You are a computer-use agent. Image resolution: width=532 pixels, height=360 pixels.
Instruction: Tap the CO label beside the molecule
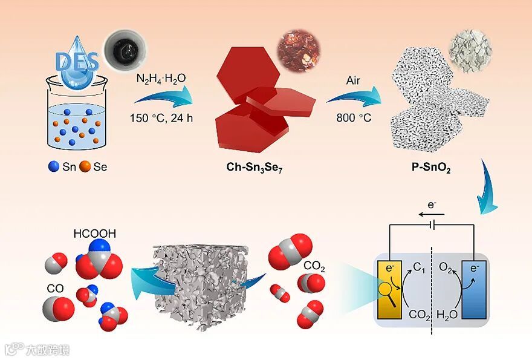56,290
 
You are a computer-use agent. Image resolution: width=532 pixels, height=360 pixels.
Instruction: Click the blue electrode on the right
474,289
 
